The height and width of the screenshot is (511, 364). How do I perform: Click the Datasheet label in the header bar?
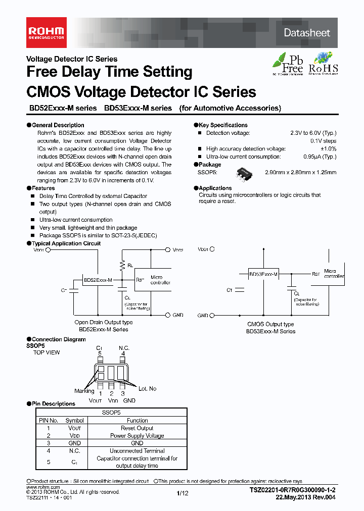point(306,33)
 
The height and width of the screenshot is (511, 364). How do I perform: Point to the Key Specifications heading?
point(223,125)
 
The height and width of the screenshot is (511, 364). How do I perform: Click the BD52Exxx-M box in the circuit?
point(98,280)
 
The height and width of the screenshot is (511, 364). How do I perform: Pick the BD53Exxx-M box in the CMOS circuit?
point(263,274)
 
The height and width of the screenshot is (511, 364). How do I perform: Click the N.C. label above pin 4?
point(124,348)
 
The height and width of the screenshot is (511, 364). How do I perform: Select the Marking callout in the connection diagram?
point(84,390)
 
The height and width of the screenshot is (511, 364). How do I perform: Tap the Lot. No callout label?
point(147,388)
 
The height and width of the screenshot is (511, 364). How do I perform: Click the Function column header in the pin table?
point(137,420)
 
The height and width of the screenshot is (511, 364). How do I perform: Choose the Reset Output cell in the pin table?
point(137,428)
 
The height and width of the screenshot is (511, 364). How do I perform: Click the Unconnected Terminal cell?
point(137,450)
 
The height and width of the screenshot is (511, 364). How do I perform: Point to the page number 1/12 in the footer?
point(182,493)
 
